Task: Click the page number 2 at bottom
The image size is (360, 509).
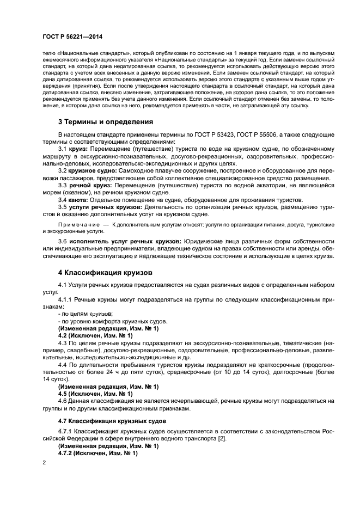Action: (x=44, y=462)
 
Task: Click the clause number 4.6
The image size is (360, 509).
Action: (x=63, y=401)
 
